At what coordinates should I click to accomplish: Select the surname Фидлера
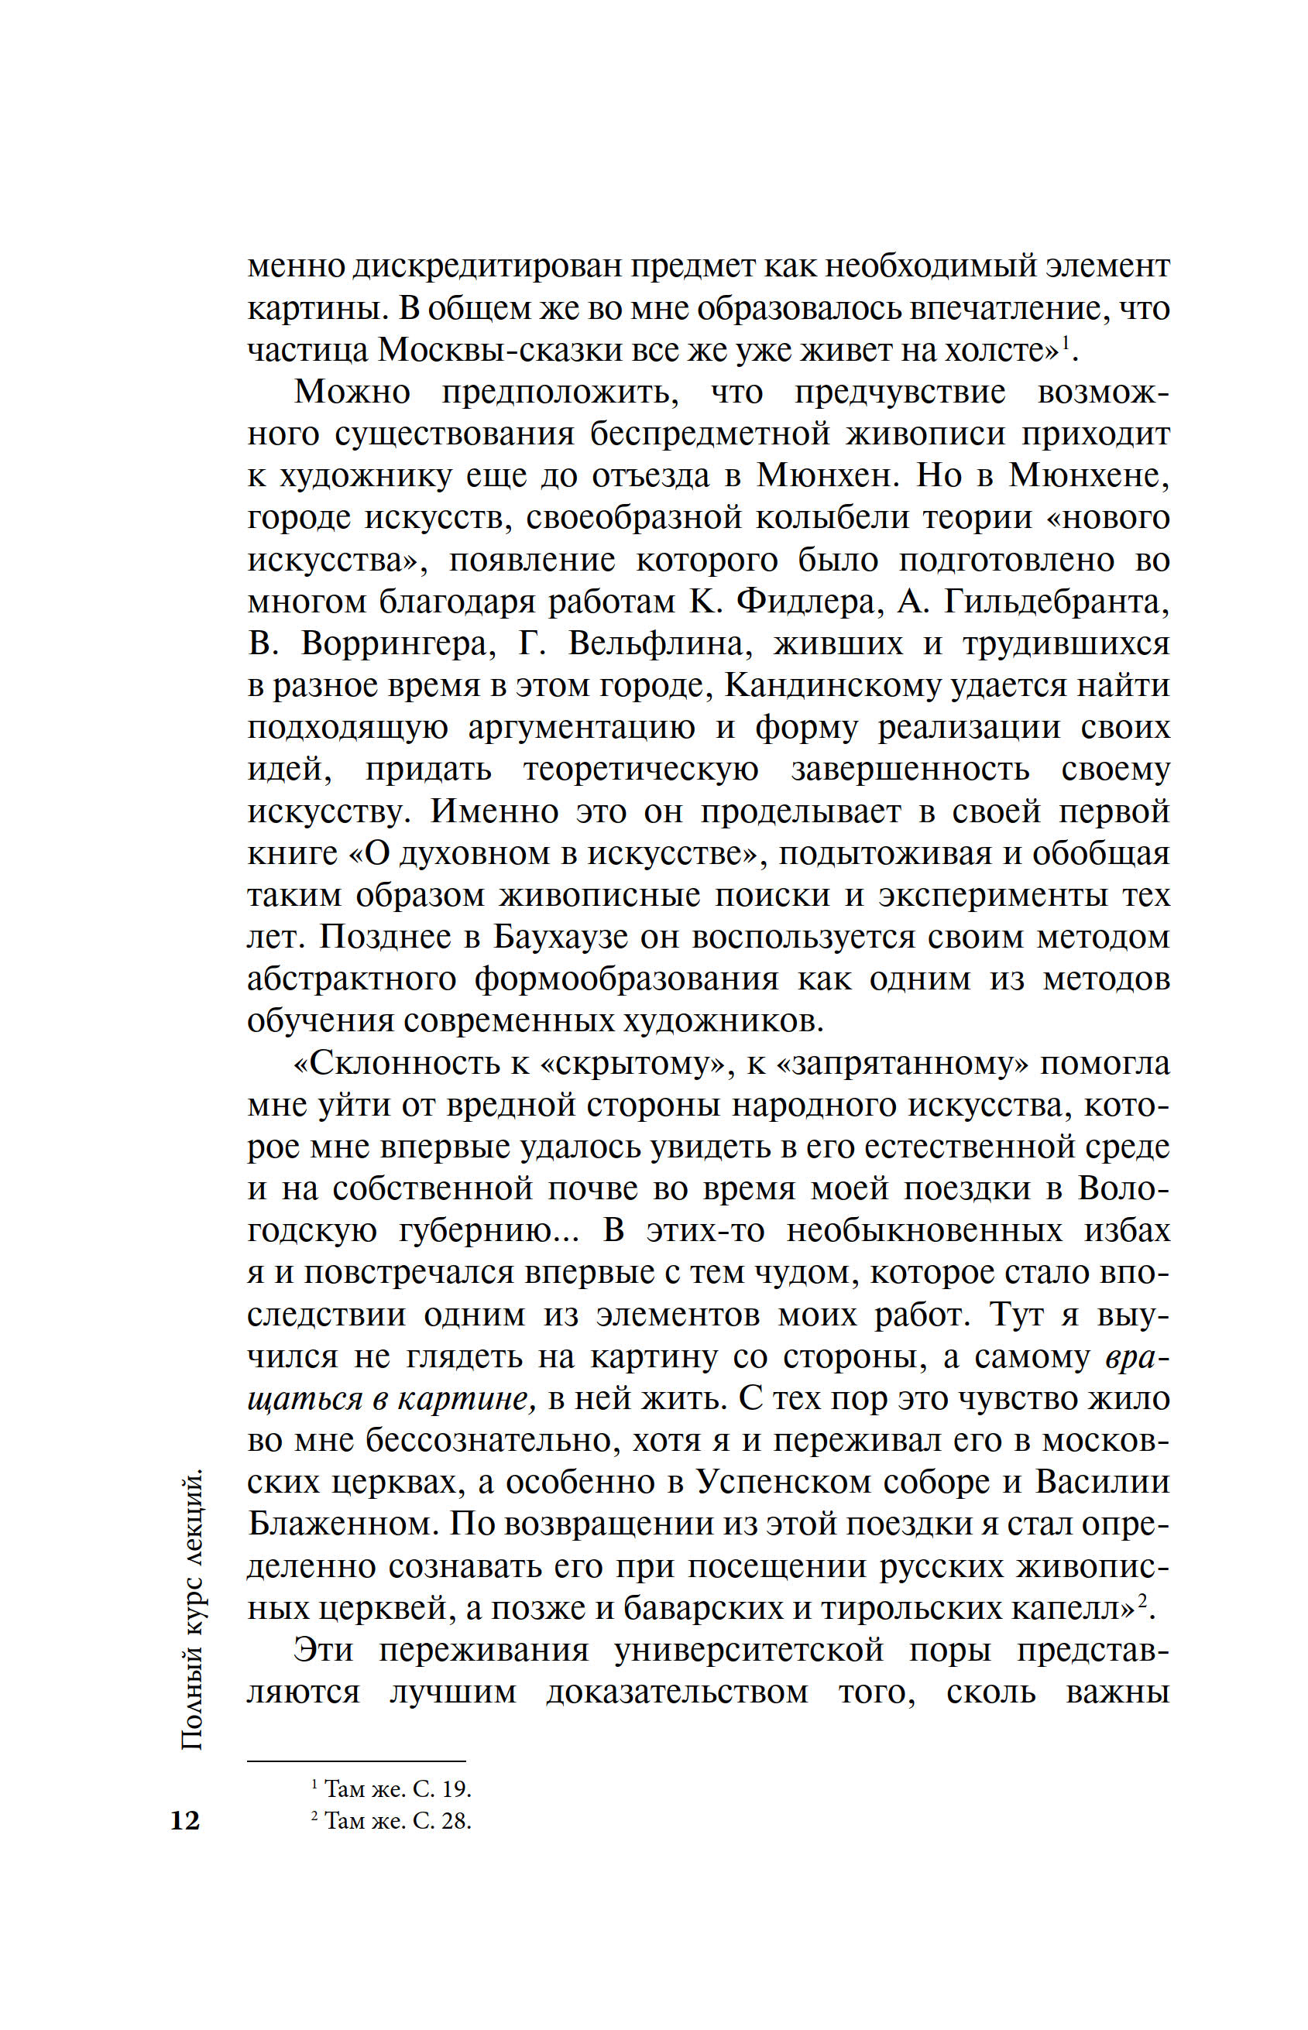tap(806, 602)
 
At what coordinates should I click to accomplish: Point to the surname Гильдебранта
tap(1056, 602)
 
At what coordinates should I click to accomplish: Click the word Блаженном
tap(342, 1525)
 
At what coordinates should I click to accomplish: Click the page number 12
tap(185, 1819)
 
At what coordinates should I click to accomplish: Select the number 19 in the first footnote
tap(455, 1790)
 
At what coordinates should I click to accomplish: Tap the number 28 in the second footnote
tap(455, 1820)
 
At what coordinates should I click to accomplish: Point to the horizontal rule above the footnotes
tap(357, 1761)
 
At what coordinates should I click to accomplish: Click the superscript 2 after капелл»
tap(1143, 1598)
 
